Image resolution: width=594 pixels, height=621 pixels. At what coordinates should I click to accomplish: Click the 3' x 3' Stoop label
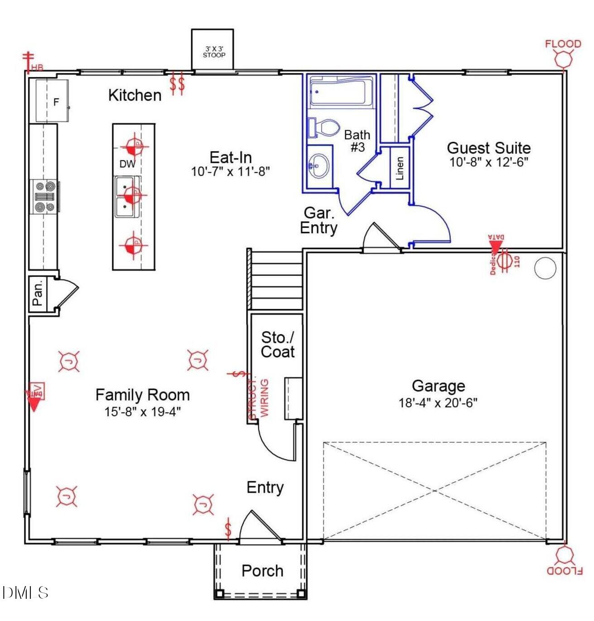214,52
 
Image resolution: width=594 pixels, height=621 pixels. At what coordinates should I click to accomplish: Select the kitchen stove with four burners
45,197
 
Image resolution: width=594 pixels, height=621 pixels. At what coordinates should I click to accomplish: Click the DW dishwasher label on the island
127,164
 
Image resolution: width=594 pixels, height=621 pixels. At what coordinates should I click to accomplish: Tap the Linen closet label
399,168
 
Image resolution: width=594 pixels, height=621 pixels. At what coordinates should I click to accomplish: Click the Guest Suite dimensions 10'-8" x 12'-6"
489,162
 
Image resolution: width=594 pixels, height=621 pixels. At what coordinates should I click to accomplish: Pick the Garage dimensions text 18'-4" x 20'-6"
438,402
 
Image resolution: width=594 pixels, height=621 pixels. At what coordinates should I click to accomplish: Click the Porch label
262,571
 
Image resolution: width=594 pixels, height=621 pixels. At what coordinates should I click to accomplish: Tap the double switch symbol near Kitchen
177,84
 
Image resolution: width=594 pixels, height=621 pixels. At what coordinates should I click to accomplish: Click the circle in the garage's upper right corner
545,269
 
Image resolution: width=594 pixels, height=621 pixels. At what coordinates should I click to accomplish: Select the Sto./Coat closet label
277,345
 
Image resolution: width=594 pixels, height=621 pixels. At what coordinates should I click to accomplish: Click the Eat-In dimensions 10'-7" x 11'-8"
230,172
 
